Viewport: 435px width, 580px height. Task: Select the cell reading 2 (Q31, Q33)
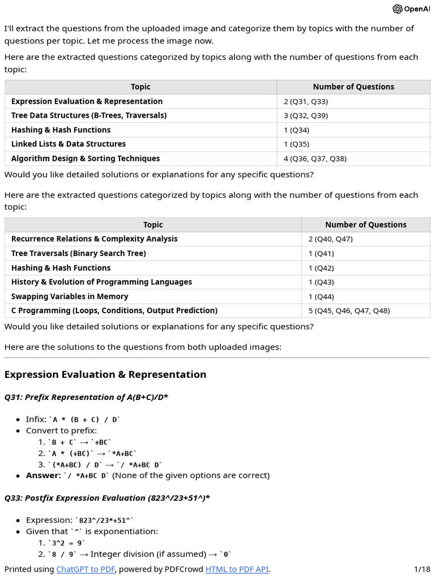click(x=306, y=101)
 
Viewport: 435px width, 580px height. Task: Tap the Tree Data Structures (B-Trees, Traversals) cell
click(x=89, y=116)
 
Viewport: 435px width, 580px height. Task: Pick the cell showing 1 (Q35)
click(x=297, y=144)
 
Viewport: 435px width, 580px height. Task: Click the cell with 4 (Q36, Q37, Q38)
click(x=315, y=159)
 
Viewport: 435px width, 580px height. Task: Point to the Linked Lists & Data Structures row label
click(x=69, y=144)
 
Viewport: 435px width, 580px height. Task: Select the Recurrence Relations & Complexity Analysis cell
click(x=94, y=239)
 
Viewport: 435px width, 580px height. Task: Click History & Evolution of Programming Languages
click(x=101, y=282)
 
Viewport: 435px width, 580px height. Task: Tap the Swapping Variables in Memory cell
click(x=70, y=297)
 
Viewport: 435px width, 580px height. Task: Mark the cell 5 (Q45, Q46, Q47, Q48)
click(x=349, y=311)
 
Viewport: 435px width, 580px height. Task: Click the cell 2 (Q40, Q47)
click(x=330, y=239)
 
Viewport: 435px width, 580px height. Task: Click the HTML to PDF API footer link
click(x=237, y=569)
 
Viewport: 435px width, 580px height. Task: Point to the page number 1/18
click(x=422, y=569)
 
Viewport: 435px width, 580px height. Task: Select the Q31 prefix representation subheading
click(x=86, y=397)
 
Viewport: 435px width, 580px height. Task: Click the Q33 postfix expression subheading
click(x=107, y=498)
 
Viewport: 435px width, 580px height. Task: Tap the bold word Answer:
click(x=43, y=475)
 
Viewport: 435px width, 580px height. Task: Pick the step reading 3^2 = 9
click(x=66, y=543)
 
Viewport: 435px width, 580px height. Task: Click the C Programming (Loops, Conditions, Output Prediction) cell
click(x=114, y=311)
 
